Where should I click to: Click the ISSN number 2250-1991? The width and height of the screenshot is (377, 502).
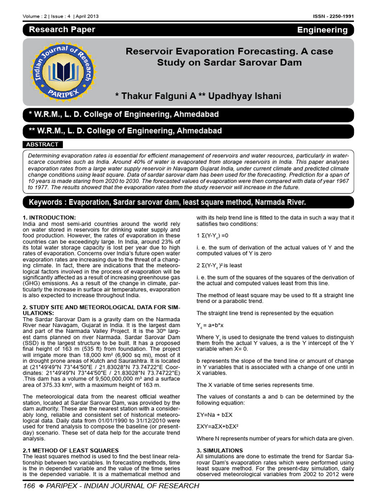click(339, 16)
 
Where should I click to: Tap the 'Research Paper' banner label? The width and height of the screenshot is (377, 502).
click(62, 29)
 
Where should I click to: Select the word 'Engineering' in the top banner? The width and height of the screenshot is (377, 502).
click(322, 30)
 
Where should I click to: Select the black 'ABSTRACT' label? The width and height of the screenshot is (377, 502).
click(42, 145)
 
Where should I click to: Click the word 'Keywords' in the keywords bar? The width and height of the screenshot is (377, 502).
click(48, 202)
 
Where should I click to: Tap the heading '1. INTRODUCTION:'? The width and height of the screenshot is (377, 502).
click(49, 217)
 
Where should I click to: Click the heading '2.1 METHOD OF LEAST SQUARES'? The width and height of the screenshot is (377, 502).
click(71, 450)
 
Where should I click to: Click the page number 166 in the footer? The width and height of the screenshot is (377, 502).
click(30, 486)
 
